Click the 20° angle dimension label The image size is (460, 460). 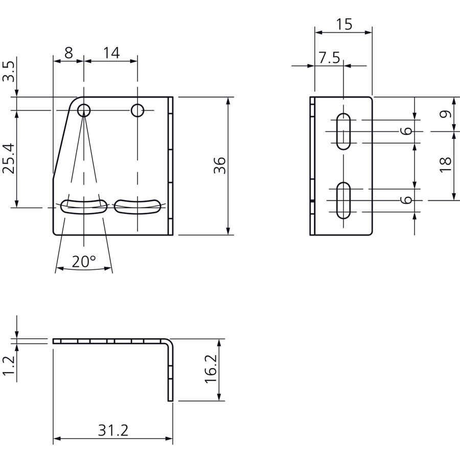coord(84,261)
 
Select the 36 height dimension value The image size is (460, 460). coord(220,166)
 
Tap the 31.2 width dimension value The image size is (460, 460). coord(113,430)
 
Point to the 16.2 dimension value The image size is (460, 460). coord(211,369)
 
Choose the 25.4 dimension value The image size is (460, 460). coord(8,158)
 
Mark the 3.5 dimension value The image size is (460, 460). coord(8,71)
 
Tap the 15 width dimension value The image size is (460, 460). coord(344,25)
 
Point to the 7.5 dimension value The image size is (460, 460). coord(330,57)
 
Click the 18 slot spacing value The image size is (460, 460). coord(445,165)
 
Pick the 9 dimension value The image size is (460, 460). coord(445,114)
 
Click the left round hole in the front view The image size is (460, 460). coord(84,110)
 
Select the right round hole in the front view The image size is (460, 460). coord(137,110)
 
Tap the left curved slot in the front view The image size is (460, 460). coord(84,207)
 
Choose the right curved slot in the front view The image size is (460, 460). coord(137,207)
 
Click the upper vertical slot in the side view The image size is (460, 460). coord(343,131)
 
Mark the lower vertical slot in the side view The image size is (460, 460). coord(343,201)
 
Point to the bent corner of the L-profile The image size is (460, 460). coord(169,342)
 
